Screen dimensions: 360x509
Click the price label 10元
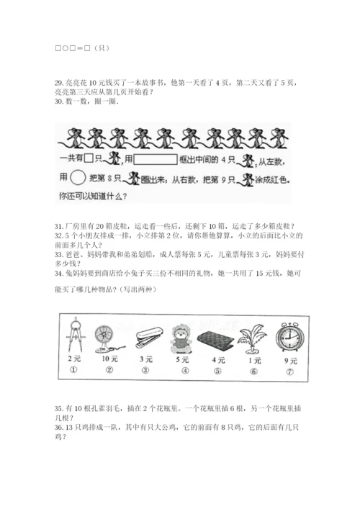pyautogui.click(x=109, y=359)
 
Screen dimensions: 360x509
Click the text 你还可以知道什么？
pyautogui.click(x=92, y=195)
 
